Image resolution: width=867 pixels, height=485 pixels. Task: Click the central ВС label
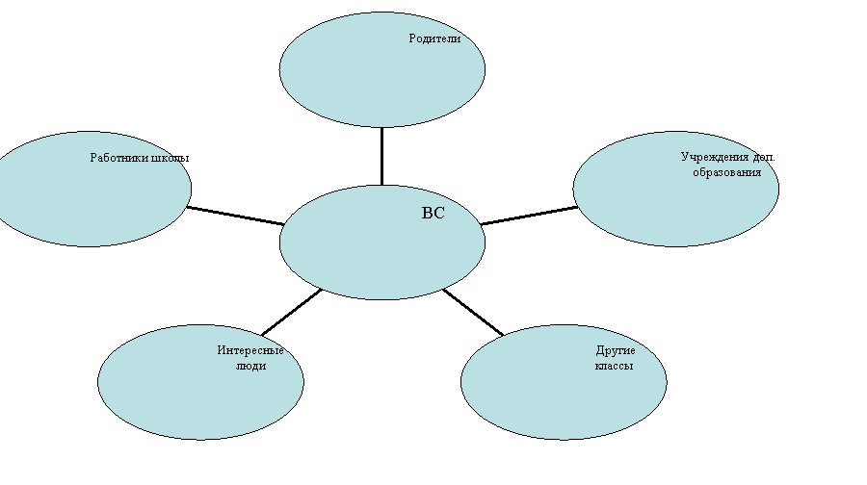click(433, 214)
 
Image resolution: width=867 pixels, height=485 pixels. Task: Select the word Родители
click(434, 38)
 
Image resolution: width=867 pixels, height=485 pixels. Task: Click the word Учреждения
click(715, 158)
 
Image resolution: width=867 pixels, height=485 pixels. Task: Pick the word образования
click(726, 172)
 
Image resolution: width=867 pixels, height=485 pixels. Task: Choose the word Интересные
click(250, 350)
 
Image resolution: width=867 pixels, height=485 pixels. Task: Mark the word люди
click(251, 366)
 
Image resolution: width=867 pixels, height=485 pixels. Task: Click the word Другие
click(616, 350)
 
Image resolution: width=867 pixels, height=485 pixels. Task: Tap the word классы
click(615, 366)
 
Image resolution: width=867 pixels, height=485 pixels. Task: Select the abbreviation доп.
click(764, 158)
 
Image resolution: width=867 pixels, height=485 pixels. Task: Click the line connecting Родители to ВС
click(382, 156)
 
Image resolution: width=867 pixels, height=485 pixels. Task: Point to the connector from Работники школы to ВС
click(236, 216)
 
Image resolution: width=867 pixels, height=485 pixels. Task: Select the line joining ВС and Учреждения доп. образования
click(529, 216)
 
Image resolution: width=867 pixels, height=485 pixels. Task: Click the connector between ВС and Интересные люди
click(291, 312)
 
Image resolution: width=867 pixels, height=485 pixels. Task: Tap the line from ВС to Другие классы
click(473, 312)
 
